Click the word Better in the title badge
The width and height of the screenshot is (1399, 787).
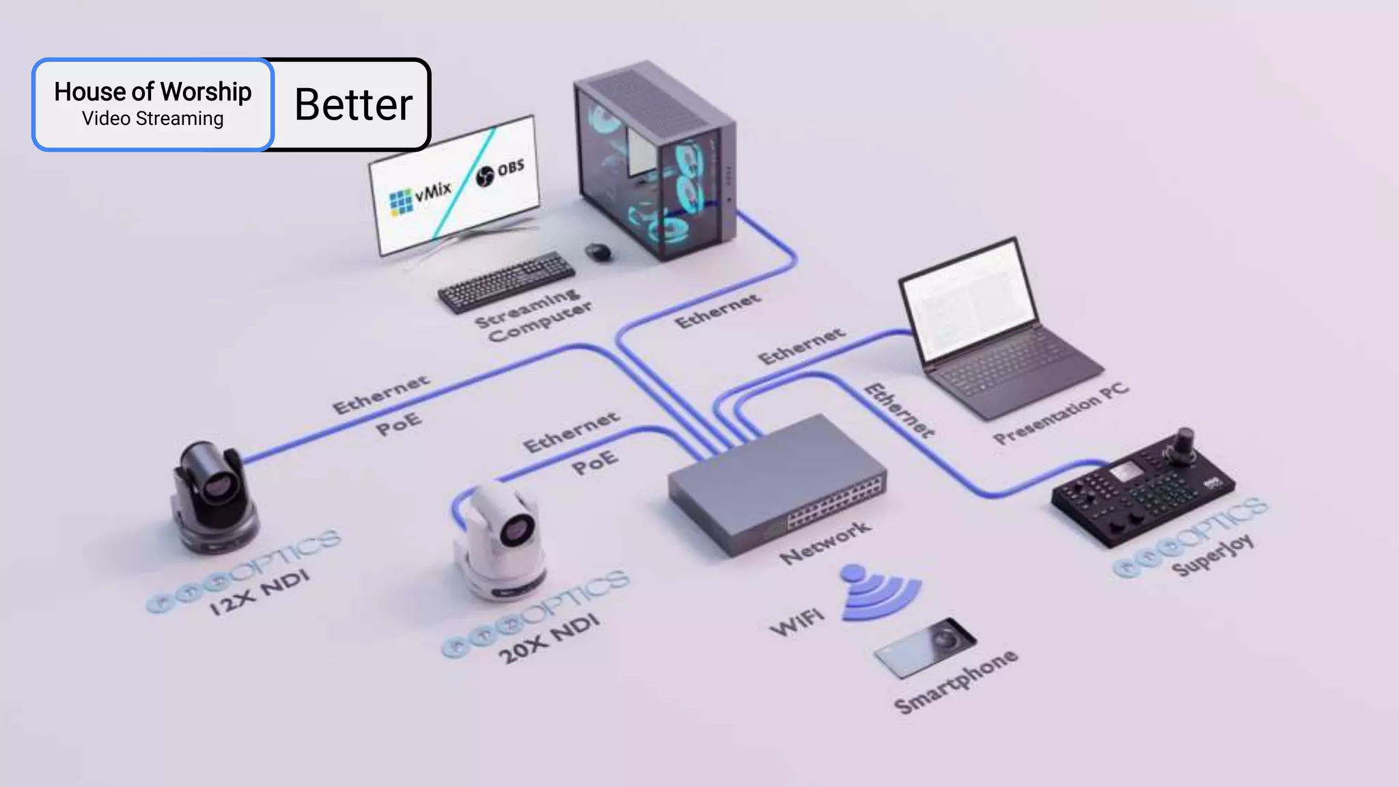(353, 105)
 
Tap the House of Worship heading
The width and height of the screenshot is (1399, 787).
(152, 92)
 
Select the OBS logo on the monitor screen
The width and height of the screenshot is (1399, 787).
(501, 171)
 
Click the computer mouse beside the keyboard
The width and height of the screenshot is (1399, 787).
(598, 251)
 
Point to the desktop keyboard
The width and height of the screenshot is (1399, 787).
(505, 281)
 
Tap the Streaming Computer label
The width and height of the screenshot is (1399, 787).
(534, 316)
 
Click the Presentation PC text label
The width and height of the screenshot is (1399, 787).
(1060, 414)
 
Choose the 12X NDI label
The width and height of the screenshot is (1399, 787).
(260, 592)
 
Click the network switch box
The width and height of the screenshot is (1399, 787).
(775, 485)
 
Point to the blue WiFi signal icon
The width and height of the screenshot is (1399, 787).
(877, 593)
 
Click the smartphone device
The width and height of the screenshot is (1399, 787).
(926, 648)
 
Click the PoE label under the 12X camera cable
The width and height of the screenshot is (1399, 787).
(399, 424)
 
